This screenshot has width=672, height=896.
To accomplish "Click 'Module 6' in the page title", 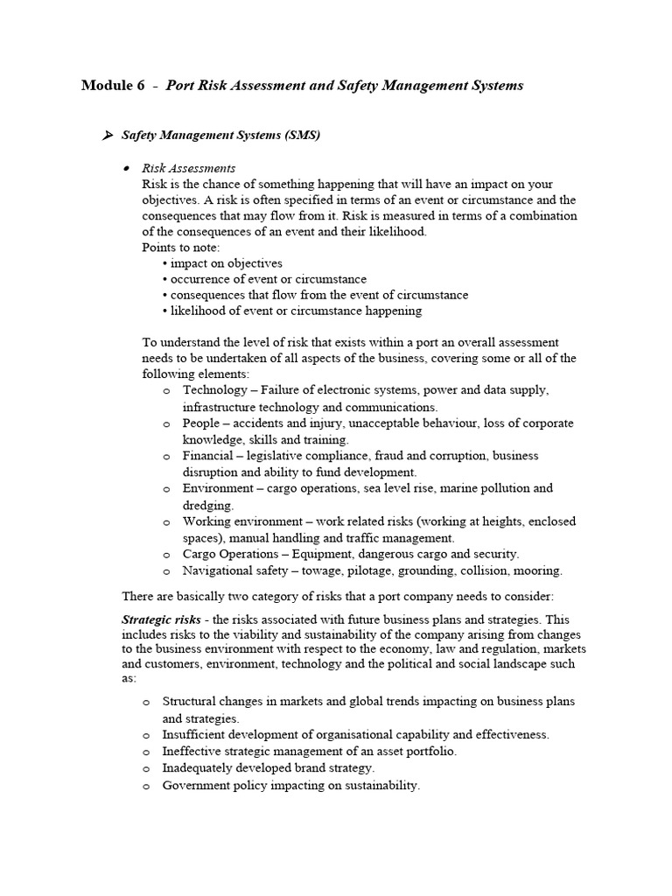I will (113, 86).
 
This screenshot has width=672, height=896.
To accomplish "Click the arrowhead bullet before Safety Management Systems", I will (108, 135).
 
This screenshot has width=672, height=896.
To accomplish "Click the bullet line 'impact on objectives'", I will (226, 263).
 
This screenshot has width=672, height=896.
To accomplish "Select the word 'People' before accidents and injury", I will (201, 423).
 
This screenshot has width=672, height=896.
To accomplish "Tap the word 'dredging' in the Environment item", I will (207, 505).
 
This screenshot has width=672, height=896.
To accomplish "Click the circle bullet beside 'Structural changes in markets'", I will (145, 703).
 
